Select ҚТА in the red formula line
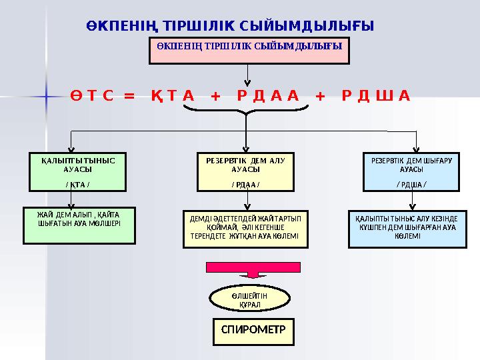pyautogui.click(x=172, y=96)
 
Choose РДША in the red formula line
pyautogui.click(x=375, y=96)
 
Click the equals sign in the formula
pyautogui.click(x=129, y=96)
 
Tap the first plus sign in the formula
pyautogui.click(x=215, y=96)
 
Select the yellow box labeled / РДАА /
pyautogui.click(x=246, y=171)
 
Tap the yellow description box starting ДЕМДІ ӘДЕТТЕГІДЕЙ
pyautogui.click(x=245, y=229)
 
